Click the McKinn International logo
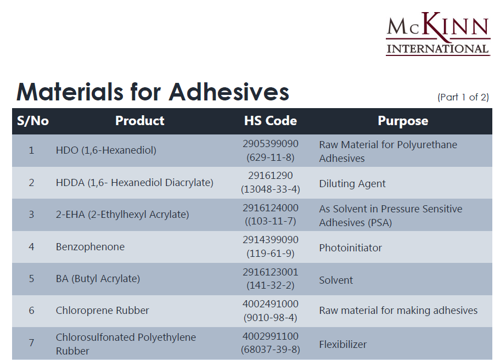(438, 34)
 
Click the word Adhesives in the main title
(229, 92)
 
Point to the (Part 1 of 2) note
(463, 97)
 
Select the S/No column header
(33, 121)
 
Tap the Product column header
(139, 121)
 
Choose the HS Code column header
(271, 121)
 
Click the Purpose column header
(403, 121)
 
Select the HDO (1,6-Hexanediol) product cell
(106, 150)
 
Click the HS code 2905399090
(271, 144)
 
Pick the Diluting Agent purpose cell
(352, 184)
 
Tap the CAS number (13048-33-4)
(271, 189)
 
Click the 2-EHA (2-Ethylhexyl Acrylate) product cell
(122, 214)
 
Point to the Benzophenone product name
(90, 247)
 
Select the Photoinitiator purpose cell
(350, 248)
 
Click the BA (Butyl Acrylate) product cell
(98, 279)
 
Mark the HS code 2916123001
(271, 272)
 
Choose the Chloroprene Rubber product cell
(102, 311)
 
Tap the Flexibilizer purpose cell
(343, 345)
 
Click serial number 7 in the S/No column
(31, 343)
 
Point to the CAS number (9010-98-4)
(271, 318)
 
